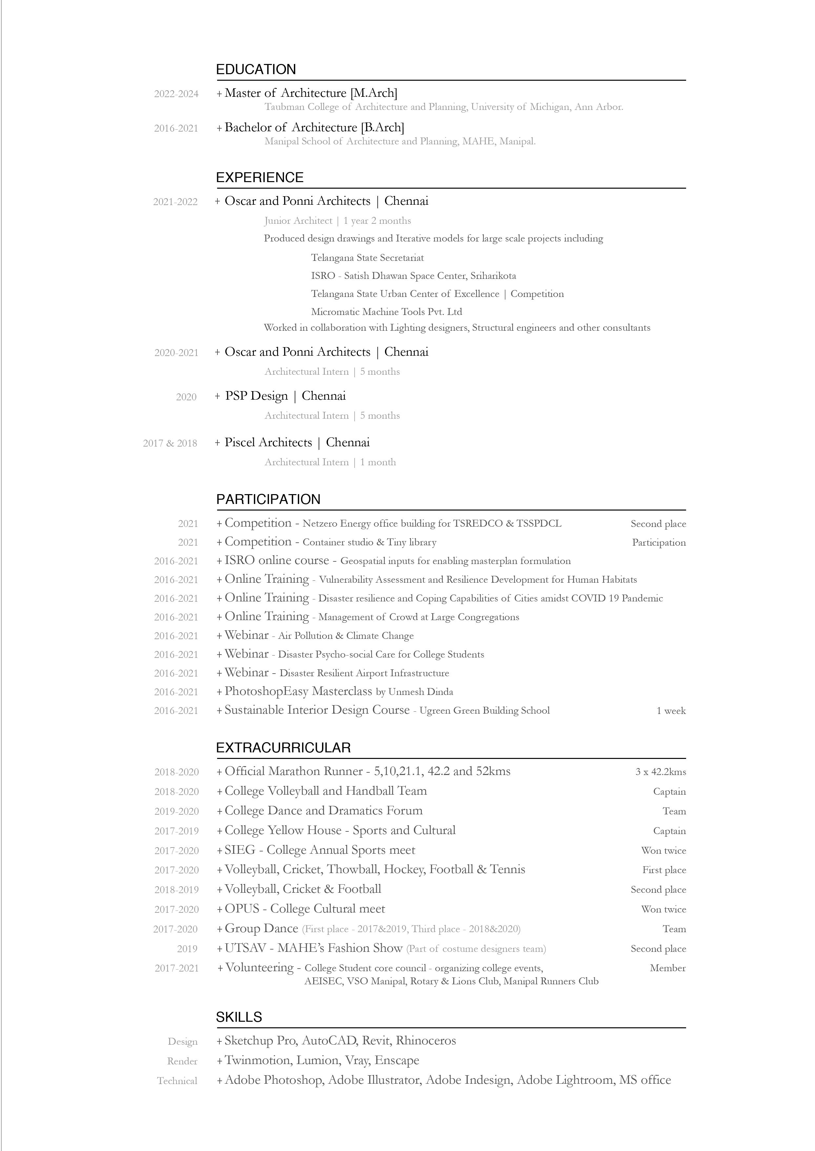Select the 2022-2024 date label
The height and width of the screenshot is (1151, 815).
176,94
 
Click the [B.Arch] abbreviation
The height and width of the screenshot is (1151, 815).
382,128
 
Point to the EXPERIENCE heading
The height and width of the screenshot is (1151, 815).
259,178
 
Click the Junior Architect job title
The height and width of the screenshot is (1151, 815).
298,221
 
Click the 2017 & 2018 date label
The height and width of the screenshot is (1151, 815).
170,443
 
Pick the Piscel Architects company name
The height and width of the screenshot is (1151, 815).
268,443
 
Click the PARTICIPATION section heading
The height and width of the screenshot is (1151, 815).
268,499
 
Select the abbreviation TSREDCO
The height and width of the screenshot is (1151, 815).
477,524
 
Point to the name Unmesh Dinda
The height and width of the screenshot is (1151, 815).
420,692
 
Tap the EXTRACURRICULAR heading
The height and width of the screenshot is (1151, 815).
283,748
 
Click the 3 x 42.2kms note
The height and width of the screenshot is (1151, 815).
661,772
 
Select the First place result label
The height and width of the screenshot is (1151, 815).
664,870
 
